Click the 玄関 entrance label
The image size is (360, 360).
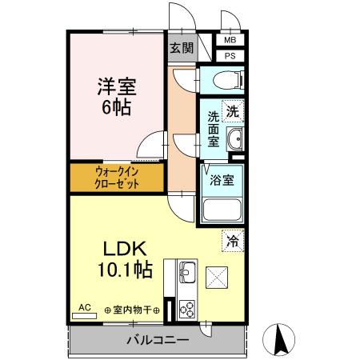[x=181, y=47]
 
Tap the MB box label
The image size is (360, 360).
[x=230, y=40]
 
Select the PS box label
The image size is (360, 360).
[x=230, y=56]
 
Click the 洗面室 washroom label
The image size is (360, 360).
[x=213, y=128]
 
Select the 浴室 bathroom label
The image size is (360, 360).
[x=222, y=181]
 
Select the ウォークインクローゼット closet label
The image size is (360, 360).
[x=117, y=177]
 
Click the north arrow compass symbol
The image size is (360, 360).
[x=281, y=338]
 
